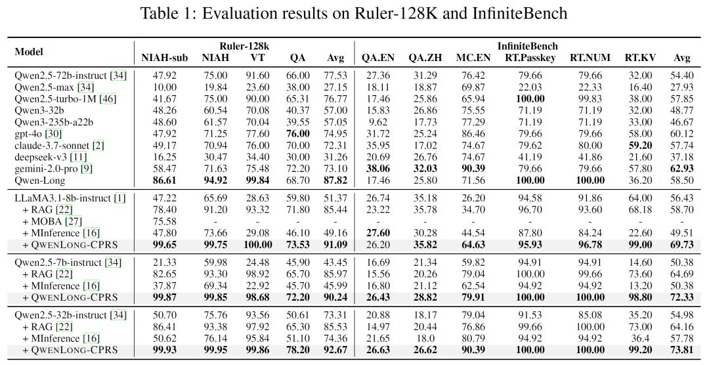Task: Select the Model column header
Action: pos(29,52)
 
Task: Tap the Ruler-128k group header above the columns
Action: pos(244,46)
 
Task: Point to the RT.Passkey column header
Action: pos(530,58)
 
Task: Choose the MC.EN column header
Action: pos(473,58)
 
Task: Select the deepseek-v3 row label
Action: pos(41,157)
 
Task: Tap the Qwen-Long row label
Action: pos(40,181)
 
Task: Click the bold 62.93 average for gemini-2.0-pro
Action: pos(682,169)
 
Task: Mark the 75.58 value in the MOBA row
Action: pos(165,222)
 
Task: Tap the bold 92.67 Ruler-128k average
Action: pos(335,350)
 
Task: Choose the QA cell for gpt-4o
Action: pos(297,134)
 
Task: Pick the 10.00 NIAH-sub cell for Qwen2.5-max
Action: pos(165,87)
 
